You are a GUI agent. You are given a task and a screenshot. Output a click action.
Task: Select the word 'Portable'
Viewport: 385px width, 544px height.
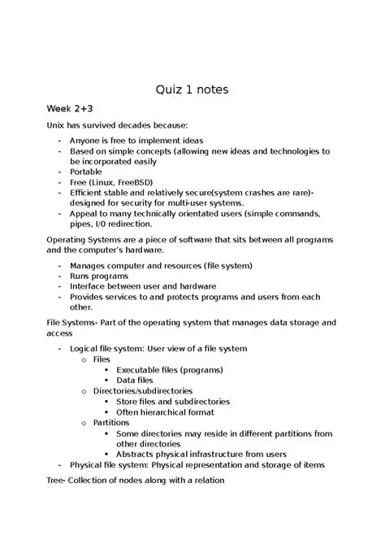(x=88, y=172)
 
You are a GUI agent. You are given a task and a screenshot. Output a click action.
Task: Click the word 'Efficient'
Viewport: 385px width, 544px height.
(x=89, y=193)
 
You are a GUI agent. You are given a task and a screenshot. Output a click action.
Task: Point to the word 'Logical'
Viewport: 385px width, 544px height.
(x=87, y=349)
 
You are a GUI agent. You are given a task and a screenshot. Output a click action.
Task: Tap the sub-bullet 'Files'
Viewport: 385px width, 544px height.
(x=102, y=359)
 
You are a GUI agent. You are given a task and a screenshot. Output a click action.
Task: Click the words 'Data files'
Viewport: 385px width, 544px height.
(x=135, y=380)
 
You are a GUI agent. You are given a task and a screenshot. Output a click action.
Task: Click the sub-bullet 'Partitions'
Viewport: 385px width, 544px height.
(x=111, y=423)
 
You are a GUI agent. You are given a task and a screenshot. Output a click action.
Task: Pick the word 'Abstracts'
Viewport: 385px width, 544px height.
(x=137, y=455)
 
